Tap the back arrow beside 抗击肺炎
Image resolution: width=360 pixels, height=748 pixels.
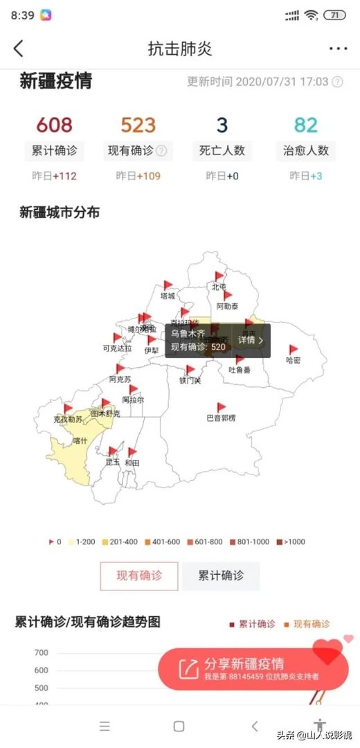click(19, 48)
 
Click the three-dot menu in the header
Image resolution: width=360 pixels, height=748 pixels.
click(338, 48)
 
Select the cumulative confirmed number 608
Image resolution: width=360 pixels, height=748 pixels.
click(54, 125)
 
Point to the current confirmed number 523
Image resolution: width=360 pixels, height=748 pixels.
click(138, 125)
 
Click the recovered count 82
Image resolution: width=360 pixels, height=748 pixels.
click(306, 125)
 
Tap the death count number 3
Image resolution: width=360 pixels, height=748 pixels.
click(222, 125)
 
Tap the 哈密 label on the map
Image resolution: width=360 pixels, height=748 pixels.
click(294, 360)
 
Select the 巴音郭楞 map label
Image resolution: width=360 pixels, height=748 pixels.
click(222, 418)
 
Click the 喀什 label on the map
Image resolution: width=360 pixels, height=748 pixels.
click(80, 440)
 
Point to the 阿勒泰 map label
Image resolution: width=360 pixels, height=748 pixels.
click(227, 305)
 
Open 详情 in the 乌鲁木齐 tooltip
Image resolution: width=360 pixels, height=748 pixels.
click(251, 340)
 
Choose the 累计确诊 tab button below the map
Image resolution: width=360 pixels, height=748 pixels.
click(221, 576)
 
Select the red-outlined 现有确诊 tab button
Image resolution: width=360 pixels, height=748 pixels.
click(139, 576)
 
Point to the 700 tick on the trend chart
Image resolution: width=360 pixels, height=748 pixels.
click(40, 652)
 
